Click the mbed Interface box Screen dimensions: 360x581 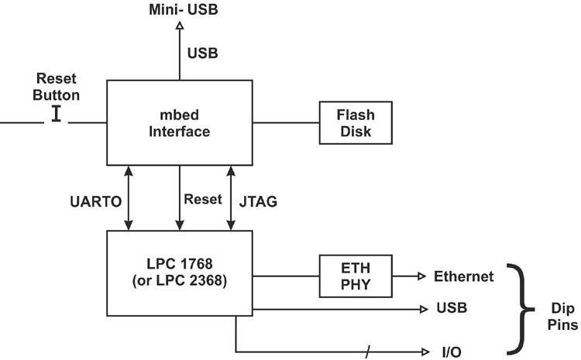(x=180, y=122)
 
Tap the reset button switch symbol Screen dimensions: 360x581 (x=57, y=114)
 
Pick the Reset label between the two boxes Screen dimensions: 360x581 (x=202, y=199)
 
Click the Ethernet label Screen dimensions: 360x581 (x=464, y=276)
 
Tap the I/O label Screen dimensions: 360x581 (x=451, y=351)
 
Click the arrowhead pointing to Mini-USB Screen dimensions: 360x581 (x=180, y=26)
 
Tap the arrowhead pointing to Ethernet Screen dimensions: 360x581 (x=421, y=276)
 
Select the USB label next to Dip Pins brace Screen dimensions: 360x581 (x=452, y=309)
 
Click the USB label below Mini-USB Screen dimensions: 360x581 (x=202, y=53)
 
